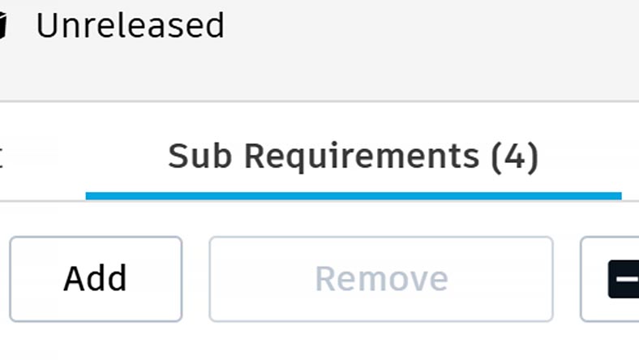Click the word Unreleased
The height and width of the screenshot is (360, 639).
click(130, 26)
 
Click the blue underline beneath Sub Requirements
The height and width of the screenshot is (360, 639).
click(353, 195)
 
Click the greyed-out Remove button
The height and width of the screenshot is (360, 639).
click(381, 279)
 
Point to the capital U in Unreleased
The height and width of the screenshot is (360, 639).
click(47, 26)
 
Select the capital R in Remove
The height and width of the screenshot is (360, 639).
click(326, 278)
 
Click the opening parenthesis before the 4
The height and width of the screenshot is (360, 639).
click(497, 155)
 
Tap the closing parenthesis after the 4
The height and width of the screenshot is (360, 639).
click(532, 155)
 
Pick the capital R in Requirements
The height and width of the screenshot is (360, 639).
click(258, 154)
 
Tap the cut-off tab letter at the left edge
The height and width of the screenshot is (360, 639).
click(1, 155)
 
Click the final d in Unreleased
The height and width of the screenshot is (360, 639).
click(214, 26)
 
